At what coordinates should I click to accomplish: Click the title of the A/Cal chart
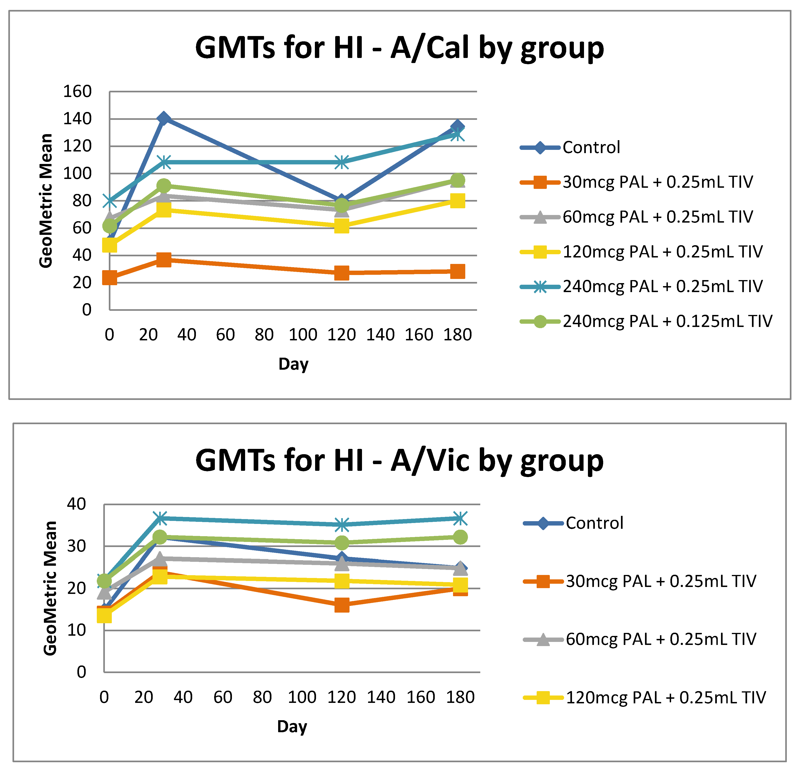point(399,48)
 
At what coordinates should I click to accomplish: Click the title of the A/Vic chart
point(399,461)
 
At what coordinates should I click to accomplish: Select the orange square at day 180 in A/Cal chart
point(458,271)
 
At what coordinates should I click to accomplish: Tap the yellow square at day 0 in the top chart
point(110,245)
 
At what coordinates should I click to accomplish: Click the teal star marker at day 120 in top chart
point(342,162)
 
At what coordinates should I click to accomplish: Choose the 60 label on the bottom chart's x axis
point(223,697)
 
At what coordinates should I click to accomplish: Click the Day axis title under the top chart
point(293,364)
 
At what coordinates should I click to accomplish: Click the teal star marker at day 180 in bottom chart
point(460,518)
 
